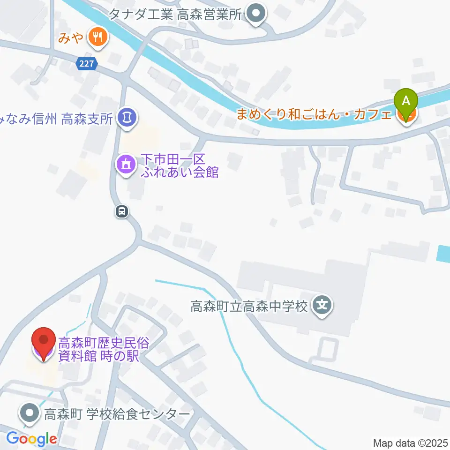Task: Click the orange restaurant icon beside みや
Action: pyautogui.click(x=97, y=37)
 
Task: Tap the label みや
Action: pyautogui.click(x=70, y=37)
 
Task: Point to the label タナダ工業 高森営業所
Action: pyautogui.click(x=174, y=14)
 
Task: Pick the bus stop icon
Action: pyautogui.click(x=122, y=212)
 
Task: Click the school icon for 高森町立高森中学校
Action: pyautogui.click(x=322, y=307)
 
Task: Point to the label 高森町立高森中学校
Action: pyautogui.click(x=249, y=307)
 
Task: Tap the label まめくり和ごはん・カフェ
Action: pyautogui.click(x=314, y=114)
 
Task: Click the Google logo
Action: pyautogui.click(x=31, y=439)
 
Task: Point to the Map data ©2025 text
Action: pyautogui.click(x=410, y=442)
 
